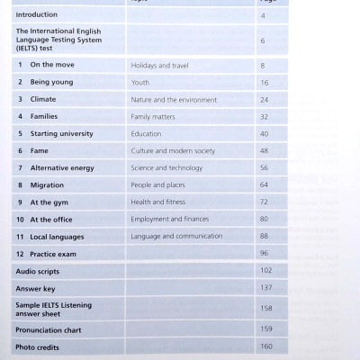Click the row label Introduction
click(x=37, y=15)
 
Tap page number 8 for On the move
click(x=263, y=66)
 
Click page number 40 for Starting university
click(x=264, y=133)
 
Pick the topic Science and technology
click(x=167, y=168)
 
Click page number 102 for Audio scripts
click(x=265, y=270)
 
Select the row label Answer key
click(x=37, y=287)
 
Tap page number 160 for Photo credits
click(x=265, y=346)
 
